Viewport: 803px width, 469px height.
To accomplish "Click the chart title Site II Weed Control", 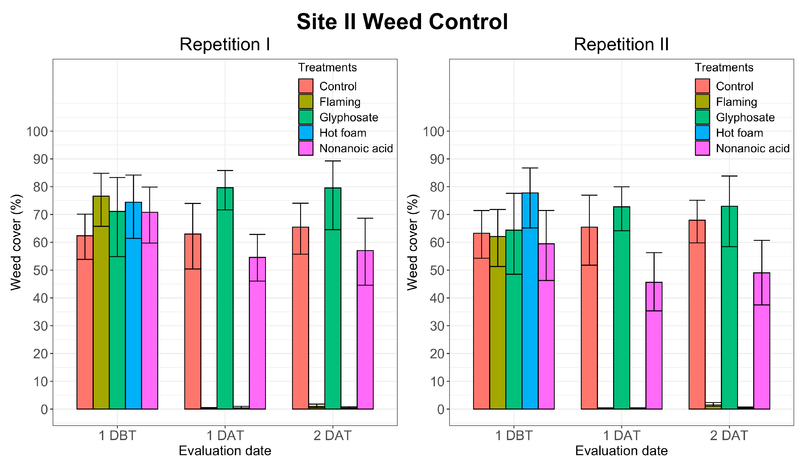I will tap(402, 22).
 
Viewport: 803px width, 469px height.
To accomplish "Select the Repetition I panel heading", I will tap(225, 44).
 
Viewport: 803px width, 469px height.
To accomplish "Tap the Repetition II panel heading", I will tap(621, 44).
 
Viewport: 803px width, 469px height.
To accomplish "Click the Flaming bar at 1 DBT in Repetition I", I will tap(101, 303).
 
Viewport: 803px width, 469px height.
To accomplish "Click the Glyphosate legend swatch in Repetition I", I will tap(305, 117).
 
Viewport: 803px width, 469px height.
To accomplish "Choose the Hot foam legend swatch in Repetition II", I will tap(702, 133).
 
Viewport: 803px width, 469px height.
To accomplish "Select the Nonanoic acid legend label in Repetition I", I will tap(356, 149).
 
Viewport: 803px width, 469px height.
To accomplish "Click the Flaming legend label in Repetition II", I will tap(736, 102).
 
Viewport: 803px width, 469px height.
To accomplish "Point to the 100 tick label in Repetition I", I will tap(37, 132).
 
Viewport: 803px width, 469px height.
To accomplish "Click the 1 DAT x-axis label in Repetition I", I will tap(225, 435).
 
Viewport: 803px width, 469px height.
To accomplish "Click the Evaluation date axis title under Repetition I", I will tap(225, 451).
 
